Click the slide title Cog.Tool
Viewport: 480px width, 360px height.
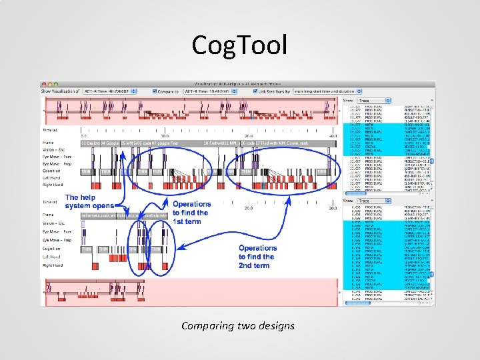click(x=239, y=45)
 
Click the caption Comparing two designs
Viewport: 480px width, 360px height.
click(x=238, y=326)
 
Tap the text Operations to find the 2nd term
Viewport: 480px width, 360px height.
click(x=257, y=257)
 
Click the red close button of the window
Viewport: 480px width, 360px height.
click(x=45, y=84)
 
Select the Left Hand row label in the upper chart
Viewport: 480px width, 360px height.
click(x=53, y=178)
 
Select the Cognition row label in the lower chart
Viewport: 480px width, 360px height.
click(x=53, y=249)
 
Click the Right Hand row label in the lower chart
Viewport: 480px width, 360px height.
click(x=53, y=265)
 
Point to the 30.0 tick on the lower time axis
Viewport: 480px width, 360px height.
click(x=331, y=208)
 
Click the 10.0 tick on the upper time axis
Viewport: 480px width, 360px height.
click(x=164, y=135)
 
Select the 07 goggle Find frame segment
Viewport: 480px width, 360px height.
click(x=164, y=143)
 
